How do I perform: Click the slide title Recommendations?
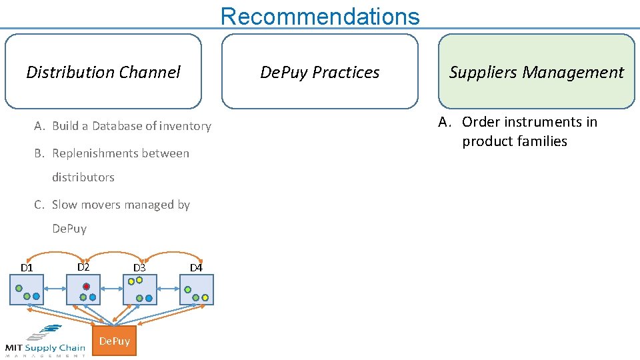pyautogui.click(x=320, y=16)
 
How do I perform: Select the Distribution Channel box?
pyautogui.click(x=103, y=72)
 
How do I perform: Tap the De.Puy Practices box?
pyautogui.click(x=320, y=72)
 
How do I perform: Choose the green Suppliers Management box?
pyautogui.click(x=537, y=72)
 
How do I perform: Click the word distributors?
pyautogui.click(x=83, y=177)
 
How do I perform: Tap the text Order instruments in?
pyautogui.click(x=529, y=122)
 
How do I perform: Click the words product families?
pyautogui.click(x=515, y=141)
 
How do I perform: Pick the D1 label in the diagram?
pyautogui.click(x=27, y=268)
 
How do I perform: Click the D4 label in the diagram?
pyautogui.click(x=196, y=268)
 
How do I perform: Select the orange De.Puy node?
pyautogui.click(x=114, y=341)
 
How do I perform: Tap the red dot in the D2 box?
pyautogui.click(x=86, y=287)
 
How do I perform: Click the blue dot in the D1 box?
pyautogui.click(x=36, y=297)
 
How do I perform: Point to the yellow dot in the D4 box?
pyautogui.click(x=206, y=297)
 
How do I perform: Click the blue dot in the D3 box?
pyautogui.click(x=149, y=298)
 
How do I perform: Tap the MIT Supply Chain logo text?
pyautogui.click(x=45, y=347)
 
